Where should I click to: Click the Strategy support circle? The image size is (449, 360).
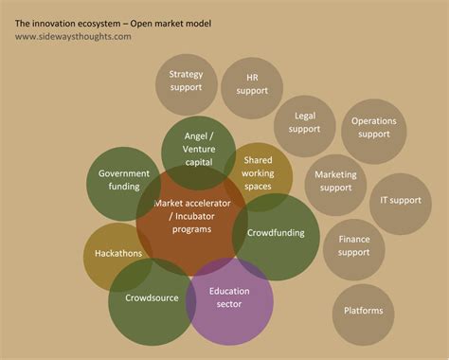point(187,81)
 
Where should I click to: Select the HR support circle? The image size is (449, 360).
point(251,84)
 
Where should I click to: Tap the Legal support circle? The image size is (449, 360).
point(304,122)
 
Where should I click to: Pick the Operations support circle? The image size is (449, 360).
point(373,128)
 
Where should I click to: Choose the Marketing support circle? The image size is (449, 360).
point(335,181)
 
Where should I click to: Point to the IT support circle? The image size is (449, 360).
point(400,201)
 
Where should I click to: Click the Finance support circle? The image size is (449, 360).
point(353,246)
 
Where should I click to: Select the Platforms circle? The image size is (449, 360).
point(363,311)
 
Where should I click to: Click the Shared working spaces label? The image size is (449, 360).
point(258,173)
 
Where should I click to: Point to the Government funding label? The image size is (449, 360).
point(124,180)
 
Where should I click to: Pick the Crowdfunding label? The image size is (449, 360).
point(275,232)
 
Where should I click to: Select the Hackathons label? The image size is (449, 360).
point(118,254)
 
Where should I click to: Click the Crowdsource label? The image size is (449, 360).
point(152,298)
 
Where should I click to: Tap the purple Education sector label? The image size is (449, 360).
point(230,297)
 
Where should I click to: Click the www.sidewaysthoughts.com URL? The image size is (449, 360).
point(73,36)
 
